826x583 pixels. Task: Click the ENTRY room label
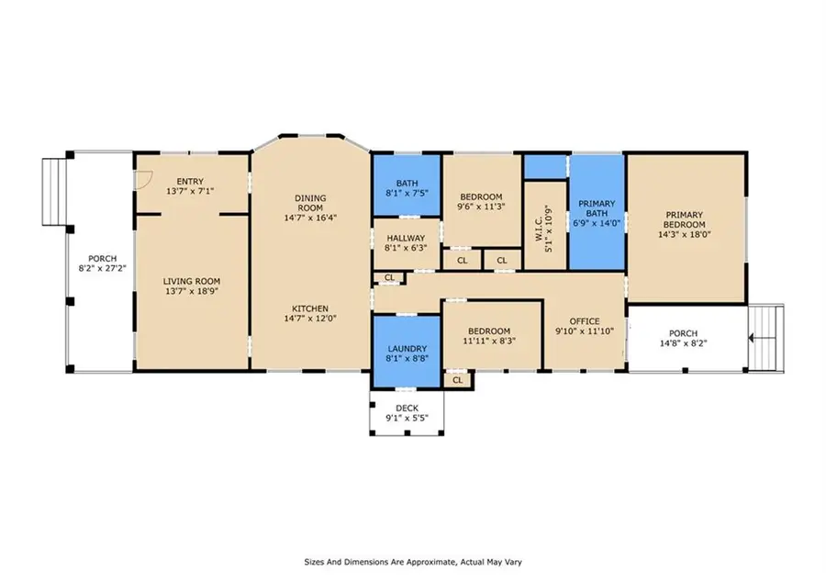(x=191, y=182)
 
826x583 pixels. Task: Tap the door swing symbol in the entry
(x=141, y=180)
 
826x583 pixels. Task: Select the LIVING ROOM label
(x=191, y=282)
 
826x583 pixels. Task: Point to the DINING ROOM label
(x=310, y=203)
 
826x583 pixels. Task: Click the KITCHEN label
(x=310, y=308)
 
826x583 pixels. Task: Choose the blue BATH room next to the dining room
(x=407, y=187)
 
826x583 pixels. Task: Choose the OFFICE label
(x=585, y=321)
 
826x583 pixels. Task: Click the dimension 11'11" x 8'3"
(x=493, y=340)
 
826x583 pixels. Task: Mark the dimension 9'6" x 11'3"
(x=481, y=207)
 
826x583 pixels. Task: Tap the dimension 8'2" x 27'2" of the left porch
(x=100, y=268)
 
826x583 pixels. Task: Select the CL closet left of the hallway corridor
(x=389, y=277)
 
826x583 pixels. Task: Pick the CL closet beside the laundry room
(x=457, y=379)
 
